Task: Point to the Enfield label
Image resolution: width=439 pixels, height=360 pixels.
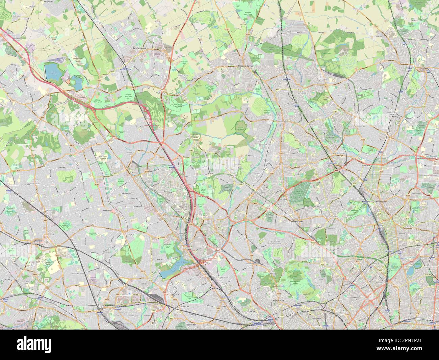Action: click(424, 68)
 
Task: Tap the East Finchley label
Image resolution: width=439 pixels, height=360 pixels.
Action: click(297, 222)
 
